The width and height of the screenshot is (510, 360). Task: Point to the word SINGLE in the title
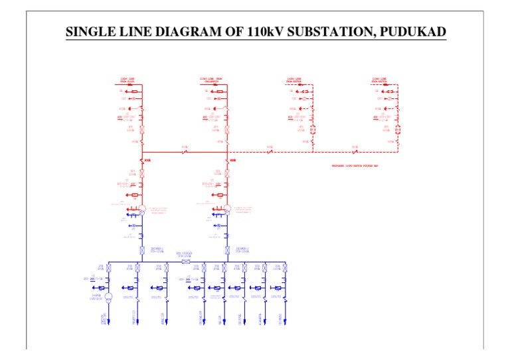coord(91,33)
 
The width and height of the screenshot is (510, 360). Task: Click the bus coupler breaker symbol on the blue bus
coord(185,261)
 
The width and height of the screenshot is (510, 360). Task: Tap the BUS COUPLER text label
coord(184,254)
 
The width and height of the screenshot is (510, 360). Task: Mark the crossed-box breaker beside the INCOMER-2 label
coord(228,250)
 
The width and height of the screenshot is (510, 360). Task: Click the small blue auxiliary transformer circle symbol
coord(109,297)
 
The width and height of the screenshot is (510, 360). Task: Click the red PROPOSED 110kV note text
coord(355,165)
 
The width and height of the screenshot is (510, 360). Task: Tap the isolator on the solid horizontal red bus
coord(185,152)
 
